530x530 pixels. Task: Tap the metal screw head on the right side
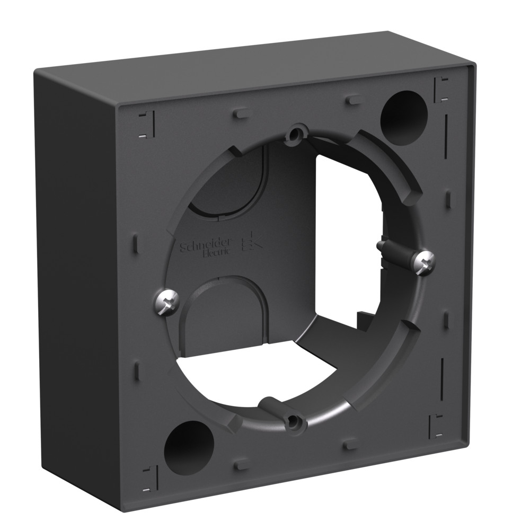[425, 259]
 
